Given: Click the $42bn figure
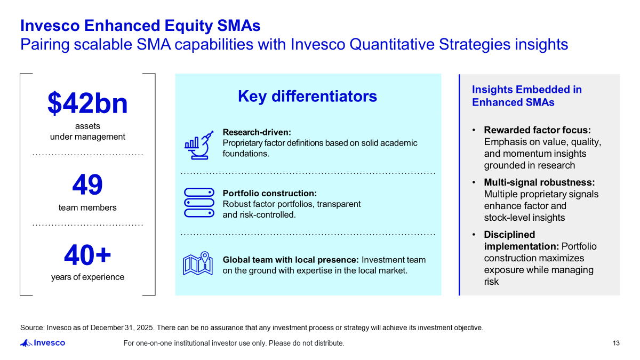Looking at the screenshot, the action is (x=87, y=103).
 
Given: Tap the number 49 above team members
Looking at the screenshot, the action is (x=87, y=185).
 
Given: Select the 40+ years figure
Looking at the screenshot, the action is (x=87, y=255).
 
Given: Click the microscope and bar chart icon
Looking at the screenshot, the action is (x=199, y=145).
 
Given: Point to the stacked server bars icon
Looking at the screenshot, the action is (x=199, y=203).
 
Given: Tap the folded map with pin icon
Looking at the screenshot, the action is (x=198, y=263).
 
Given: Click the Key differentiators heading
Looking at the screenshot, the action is (x=307, y=97).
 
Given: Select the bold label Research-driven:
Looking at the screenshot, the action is (x=257, y=132).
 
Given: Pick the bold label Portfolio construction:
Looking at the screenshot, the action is (x=270, y=194).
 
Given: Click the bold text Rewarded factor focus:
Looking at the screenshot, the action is (x=537, y=130).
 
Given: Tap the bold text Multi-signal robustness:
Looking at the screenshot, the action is (x=539, y=182).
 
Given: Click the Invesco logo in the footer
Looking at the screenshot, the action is (x=43, y=343).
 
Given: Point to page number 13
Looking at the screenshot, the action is (x=616, y=343).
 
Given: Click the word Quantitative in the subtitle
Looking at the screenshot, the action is (x=392, y=45).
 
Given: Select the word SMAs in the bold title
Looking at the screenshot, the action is (x=239, y=26).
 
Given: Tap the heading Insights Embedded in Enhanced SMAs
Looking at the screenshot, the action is (x=526, y=96).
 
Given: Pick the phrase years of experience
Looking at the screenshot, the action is (x=87, y=277).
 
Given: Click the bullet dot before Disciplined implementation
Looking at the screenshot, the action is (x=474, y=235).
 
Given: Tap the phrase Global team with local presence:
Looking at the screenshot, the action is (x=291, y=260).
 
